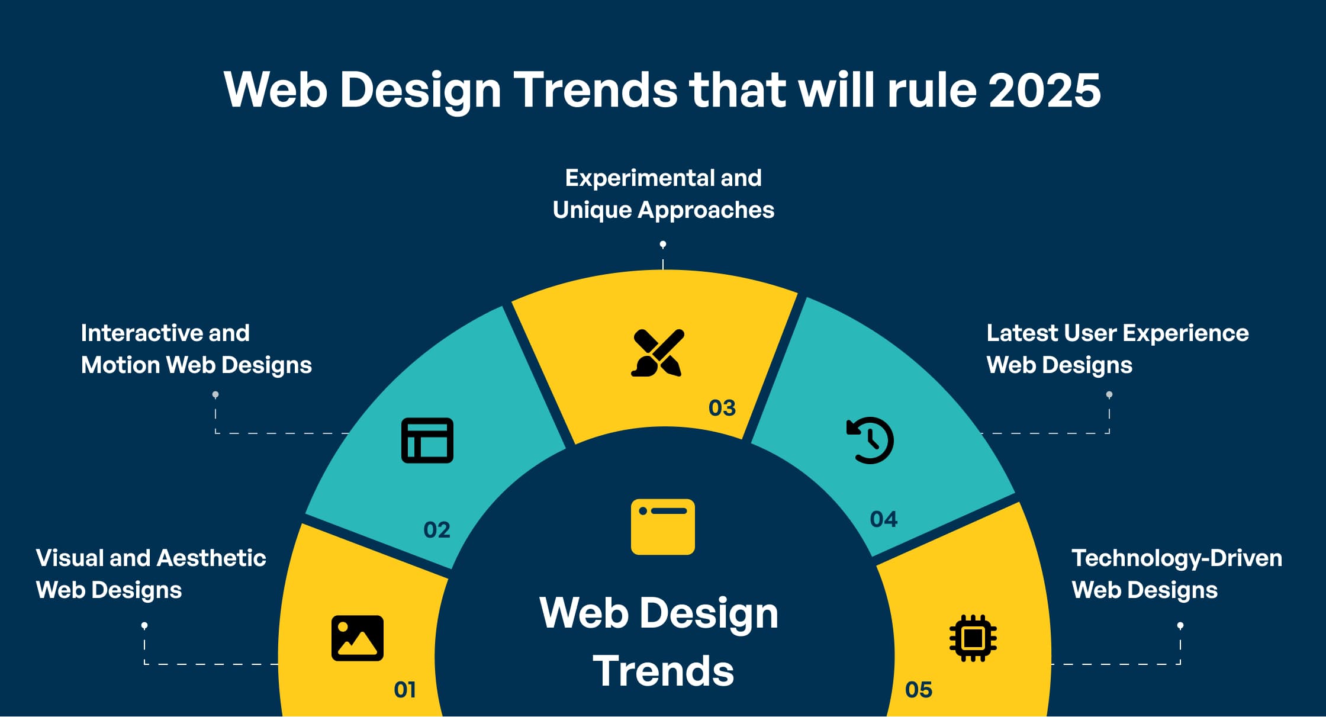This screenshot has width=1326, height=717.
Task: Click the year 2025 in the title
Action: [x=1044, y=90]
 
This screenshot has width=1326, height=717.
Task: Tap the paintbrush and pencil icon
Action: [x=658, y=353]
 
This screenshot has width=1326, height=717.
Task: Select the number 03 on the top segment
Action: [x=722, y=408]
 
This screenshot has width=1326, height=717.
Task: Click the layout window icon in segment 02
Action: [x=427, y=441]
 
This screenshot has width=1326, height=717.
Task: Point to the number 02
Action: [x=437, y=530]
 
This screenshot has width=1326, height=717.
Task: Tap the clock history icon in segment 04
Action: [x=870, y=441]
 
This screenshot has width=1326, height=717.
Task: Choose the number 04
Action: [x=883, y=519]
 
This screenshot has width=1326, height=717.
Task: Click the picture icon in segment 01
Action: [x=358, y=638]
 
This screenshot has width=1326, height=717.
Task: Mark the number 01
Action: [x=405, y=690]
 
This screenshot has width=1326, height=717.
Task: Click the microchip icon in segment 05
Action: [x=973, y=638]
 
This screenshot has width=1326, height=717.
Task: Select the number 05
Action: [x=918, y=690]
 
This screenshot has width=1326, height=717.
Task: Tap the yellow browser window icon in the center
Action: [x=663, y=527]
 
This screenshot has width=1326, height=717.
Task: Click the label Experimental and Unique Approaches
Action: [x=663, y=194]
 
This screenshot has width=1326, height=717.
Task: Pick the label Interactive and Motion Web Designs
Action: [x=196, y=349]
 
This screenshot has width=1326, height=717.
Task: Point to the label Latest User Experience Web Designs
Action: [x=1117, y=349]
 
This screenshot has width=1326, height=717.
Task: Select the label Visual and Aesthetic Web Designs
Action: [x=150, y=574]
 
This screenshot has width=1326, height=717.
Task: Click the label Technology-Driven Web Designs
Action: [x=1176, y=574]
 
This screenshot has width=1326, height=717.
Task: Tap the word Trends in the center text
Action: [x=663, y=671]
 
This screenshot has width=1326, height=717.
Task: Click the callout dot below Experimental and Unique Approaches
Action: [x=663, y=244]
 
